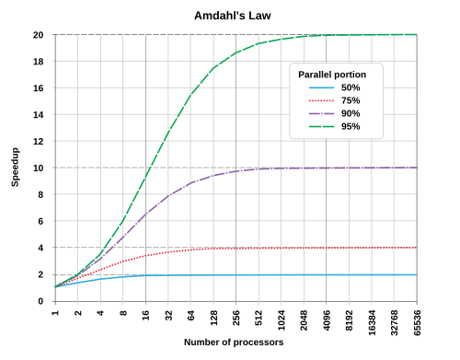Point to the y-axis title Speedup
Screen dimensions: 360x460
click(15, 168)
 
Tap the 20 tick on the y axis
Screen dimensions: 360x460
click(40, 35)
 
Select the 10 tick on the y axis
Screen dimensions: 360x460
click(40, 168)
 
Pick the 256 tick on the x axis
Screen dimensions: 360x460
click(236, 315)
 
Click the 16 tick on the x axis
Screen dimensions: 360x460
click(146, 312)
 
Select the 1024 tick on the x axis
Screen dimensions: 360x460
click(282, 317)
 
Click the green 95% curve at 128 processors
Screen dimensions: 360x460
click(214, 67)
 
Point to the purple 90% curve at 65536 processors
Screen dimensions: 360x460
click(417, 168)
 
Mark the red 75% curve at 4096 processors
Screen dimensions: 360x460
click(327, 248)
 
